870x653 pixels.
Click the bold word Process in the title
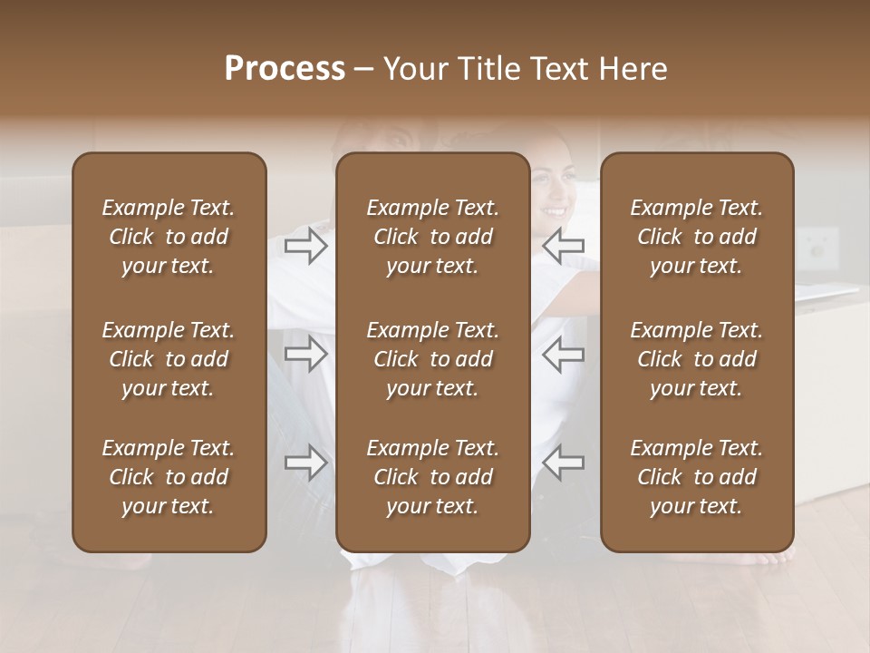tap(285, 69)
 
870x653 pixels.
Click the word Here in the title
tap(631, 69)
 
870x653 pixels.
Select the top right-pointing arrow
tap(306, 246)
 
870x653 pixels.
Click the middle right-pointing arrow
tap(306, 354)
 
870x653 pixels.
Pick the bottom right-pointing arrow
tap(306, 463)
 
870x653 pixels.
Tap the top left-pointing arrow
tap(563, 246)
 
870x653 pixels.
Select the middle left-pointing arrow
tap(563, 354)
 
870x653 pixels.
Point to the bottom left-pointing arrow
tap(563, 463)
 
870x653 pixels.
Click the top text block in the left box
tap(169, 237)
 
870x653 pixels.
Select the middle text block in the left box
tap(169, 359)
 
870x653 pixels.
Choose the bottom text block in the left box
tap(169, 477)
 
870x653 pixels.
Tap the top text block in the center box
tap(433, 237)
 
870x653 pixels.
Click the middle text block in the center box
tap(433, 359)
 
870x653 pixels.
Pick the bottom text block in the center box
tap(433, 477)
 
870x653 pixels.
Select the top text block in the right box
tap(697, 237)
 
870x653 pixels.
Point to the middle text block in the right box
tap(697, 359)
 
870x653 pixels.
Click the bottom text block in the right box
tap(697, 477)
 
